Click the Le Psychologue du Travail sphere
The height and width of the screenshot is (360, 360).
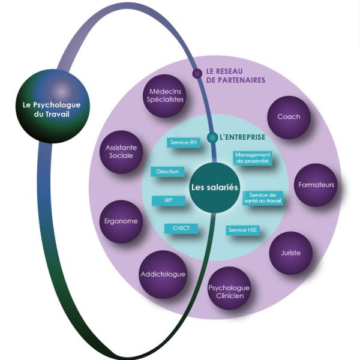pyautogui.click(x=48, y=112)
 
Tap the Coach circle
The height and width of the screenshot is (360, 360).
pyautogui.click(x=289, y=117)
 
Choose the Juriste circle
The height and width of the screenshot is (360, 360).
pyautogui.click(x=290, y=253)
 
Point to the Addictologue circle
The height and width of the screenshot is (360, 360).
pyautogui.click(x=162, y=274)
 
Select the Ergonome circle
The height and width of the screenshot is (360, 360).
pyautogui.click(x=121, y=221)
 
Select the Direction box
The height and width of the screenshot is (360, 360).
pyautogui.click(x=167, y=172)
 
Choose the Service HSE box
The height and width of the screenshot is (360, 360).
pyautogui.click(x=243, y=230)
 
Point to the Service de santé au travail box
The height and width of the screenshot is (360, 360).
pyautogui.click(x=262, y=199)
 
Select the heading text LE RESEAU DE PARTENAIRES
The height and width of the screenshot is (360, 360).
pyautogui.click(x=235, y=75)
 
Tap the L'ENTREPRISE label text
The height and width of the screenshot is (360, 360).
pyautogui.click(x=242, y=137)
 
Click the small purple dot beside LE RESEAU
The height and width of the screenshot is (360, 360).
pyautogui.click(x=197, y=73)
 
